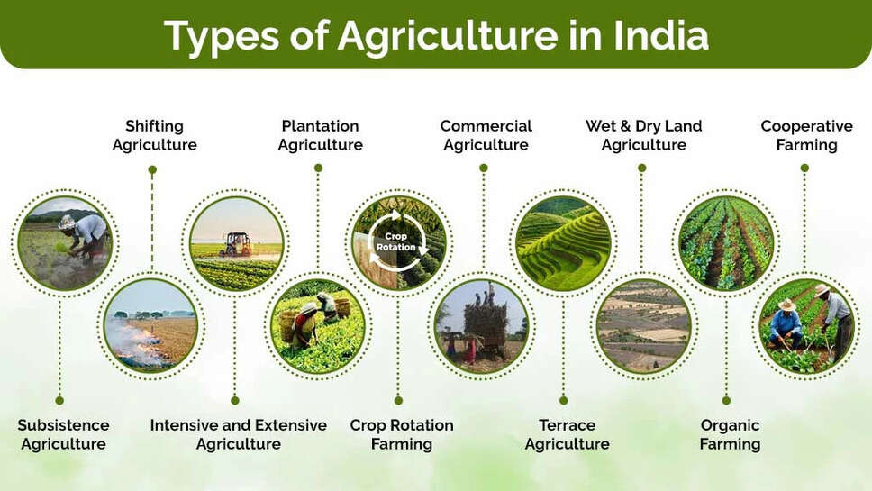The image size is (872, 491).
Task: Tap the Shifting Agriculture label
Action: (x=154, y=135)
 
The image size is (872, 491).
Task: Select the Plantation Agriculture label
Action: (x=320, y=135)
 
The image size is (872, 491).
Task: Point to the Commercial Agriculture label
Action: (x=486, y=135)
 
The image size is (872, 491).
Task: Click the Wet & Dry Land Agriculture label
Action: (x=643, y=135)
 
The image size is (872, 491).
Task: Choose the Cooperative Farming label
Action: (x=806, y=135)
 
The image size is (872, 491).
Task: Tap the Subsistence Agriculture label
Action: (x=63, y=434)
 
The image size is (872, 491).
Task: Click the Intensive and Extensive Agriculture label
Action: (x=238, y=434)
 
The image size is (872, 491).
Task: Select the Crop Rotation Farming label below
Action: (x=401, y=434)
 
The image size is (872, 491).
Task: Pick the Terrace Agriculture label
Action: (x=567, y=434)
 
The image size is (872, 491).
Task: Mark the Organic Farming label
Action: (x=730, y=434)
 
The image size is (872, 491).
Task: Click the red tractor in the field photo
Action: (x=237, y=244)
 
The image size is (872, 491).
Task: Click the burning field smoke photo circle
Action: (x=150, y=325)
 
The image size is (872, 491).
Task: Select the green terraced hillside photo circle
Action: (x=563, y=242)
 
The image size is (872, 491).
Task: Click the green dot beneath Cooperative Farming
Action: (x=804, y=168)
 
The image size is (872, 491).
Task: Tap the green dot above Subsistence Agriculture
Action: (x=59, y=400)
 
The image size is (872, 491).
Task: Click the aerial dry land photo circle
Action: (x=643, y=325)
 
